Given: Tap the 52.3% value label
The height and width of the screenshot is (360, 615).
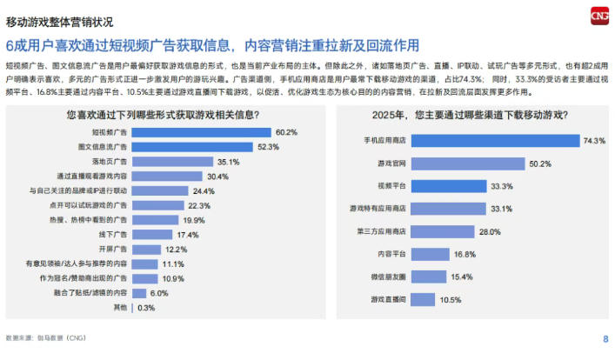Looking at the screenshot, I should click(x=244, y=147).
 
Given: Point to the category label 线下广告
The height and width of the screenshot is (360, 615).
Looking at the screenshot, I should click(x=112, y=235).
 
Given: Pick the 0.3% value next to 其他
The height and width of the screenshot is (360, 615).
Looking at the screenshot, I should click(x=146, y=307).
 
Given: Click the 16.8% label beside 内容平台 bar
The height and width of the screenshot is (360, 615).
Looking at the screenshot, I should click(x=464, y=254).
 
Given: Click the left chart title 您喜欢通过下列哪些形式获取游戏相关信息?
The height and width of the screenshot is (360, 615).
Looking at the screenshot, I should click(x=162, y=114).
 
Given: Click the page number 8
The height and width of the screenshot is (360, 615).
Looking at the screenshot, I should click(x=605, y=339).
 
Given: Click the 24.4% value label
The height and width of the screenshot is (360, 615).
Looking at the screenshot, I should click(x=204, y=190).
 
